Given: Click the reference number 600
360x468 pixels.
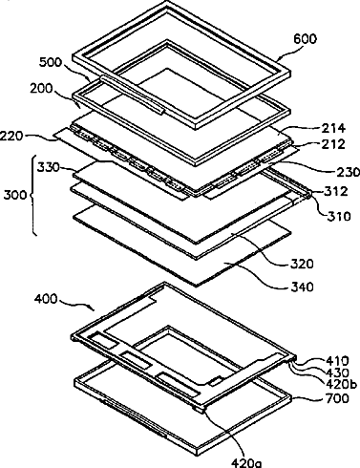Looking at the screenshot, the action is coord(305,39).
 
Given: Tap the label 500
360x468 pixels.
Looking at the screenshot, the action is coord(51,62).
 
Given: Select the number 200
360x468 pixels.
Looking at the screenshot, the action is coord(41,88).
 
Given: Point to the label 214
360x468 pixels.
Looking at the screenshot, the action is coord(333,128).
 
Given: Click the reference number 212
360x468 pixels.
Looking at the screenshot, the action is coord(333,144).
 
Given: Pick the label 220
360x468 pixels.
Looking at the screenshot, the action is coord(11,137).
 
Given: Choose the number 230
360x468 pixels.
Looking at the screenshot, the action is coord(348,172).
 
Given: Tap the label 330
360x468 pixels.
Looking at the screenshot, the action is coord(49,167).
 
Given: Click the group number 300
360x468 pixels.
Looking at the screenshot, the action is coord(15,194).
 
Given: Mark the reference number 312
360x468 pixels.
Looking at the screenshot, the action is coord(336,191).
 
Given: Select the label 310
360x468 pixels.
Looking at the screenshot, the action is coord(339,216).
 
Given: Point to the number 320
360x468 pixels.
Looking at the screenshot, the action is coord(302,264).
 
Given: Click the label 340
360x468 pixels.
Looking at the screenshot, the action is coord(302,287).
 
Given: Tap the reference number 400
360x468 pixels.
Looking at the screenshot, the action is coord(46,299).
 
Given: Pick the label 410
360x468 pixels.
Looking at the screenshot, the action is coord(337,361).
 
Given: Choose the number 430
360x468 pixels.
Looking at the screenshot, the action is coord(337,372).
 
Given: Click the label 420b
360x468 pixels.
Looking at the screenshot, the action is coord(341,385).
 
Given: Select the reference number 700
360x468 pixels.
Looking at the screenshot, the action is coord(337,398).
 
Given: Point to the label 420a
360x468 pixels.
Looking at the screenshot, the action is coord(246,463).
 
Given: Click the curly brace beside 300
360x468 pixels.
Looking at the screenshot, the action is coord(33,195).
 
